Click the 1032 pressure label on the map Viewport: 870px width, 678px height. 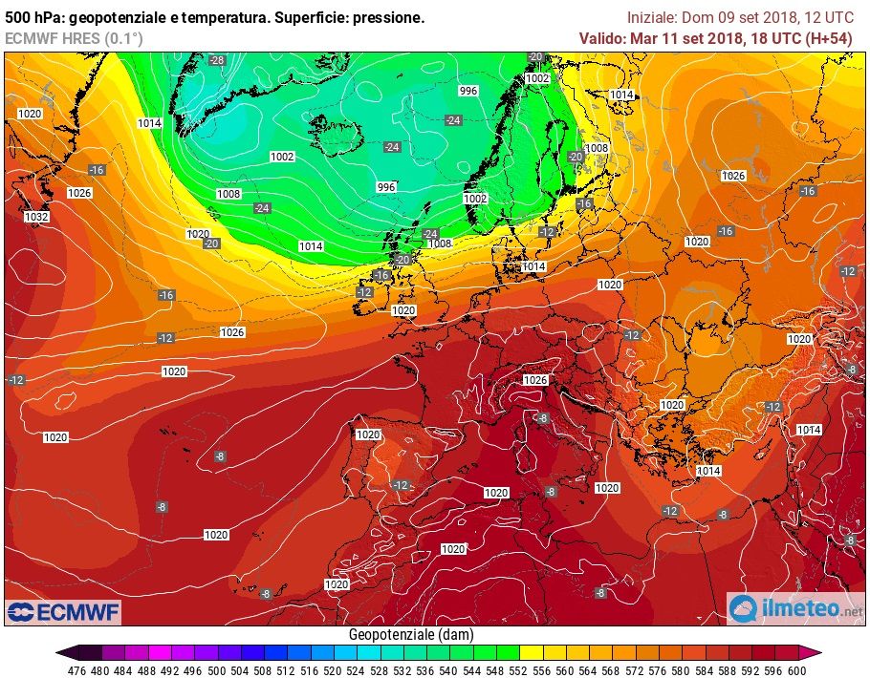pyautogui.click(x=36, y=217)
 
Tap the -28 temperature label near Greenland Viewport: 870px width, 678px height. pyautogui.click(x=216, y=60)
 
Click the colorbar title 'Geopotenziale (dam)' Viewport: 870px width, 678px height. pyautogui.click(x=410, y=634)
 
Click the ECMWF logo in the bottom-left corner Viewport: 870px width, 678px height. pyautogui.click(x=63, y=611)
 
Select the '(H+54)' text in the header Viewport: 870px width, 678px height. pyautogui.click(x=828, y=38)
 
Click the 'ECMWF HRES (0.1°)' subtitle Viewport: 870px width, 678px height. pyautogui.click(x=74, y=38)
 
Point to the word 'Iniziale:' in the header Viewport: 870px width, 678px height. pyautogui.click(x=653, y=17)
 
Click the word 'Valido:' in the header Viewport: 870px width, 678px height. pyautogui.click(x=603, y=38)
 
